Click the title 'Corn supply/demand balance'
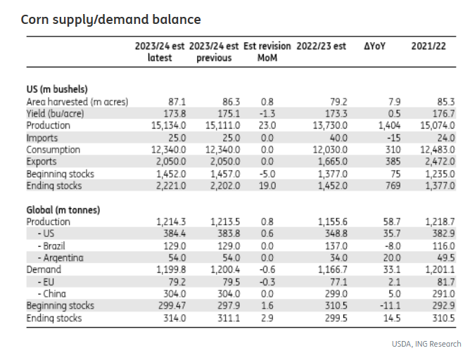click(x=110, y=20)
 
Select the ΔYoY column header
click(x=375, y=46)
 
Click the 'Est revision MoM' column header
click(x=266, y=51)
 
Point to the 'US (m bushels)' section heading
click(x=57, y=89)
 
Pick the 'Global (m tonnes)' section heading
click(x=63, y=210)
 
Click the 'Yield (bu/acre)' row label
click(x=56, y=113)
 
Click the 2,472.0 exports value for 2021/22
click(x=438, y=162)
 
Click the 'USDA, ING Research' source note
click(x=426, y=344)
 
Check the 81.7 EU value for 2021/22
click(x=444, y=281)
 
